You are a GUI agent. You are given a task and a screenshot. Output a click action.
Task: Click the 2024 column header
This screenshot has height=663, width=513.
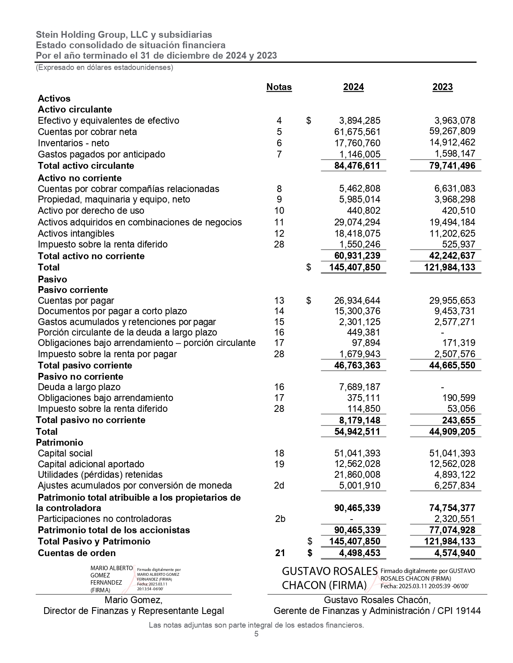[x=353, y=87]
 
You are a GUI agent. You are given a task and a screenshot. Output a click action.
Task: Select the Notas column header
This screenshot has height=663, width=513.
[x=279, y=87]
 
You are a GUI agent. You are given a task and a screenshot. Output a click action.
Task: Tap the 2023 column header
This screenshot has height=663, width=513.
[x=442, y=87]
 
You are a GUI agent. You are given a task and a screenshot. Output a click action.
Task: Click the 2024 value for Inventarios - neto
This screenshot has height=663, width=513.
[x=357, y=143]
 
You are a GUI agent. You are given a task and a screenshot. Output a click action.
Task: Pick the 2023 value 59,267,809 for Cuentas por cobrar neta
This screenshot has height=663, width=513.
[x=452, y=131]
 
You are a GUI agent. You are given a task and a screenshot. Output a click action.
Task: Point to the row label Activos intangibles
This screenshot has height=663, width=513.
[x=76, y=233]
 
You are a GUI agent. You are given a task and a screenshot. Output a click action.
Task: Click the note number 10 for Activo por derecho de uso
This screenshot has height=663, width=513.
[x=279, y=211]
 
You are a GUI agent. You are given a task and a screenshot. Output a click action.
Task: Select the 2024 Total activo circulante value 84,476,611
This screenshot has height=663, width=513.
[x=357, y=166]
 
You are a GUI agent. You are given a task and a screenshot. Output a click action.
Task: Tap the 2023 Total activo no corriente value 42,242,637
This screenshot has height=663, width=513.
[x=449, y=256]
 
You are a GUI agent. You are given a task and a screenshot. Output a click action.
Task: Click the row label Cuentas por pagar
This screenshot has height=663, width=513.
[x=76, y=301]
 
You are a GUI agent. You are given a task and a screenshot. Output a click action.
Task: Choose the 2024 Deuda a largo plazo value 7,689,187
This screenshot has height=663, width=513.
[x=357, y=387]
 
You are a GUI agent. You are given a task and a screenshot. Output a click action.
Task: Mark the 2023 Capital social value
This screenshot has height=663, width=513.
[x=452, y=453]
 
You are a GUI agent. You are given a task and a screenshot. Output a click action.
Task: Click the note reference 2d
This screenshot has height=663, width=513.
[x=279, y=485]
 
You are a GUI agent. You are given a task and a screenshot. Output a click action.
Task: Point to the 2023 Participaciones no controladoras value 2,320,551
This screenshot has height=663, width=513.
[x=452, y=519]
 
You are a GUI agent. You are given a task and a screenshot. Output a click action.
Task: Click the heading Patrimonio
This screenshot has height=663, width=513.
[x=60, y=442]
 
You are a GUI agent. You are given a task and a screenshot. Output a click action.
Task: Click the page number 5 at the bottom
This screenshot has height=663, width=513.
[x=256, y=634]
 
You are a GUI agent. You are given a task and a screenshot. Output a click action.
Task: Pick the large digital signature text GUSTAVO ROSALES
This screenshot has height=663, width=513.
[x=330, y=571]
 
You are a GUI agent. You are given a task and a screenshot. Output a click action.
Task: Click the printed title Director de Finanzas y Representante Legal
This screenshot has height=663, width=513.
[x=134, y=611]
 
